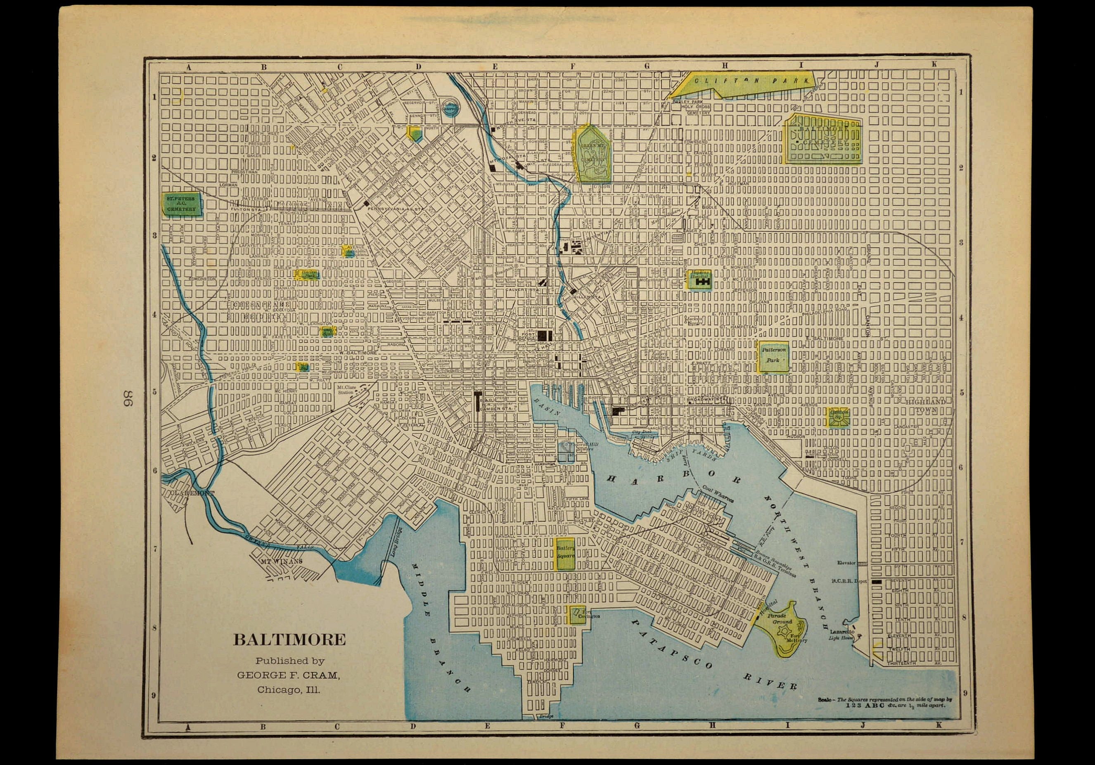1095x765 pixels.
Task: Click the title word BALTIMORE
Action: click(x=289, y=639)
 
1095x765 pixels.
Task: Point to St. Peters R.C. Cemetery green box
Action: click(x=181, y=204)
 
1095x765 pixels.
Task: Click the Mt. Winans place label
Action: click(x=281, y=562)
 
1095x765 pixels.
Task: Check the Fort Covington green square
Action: click(x=576, y=614)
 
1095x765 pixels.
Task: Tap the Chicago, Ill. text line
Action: click(x=289, y=689)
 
